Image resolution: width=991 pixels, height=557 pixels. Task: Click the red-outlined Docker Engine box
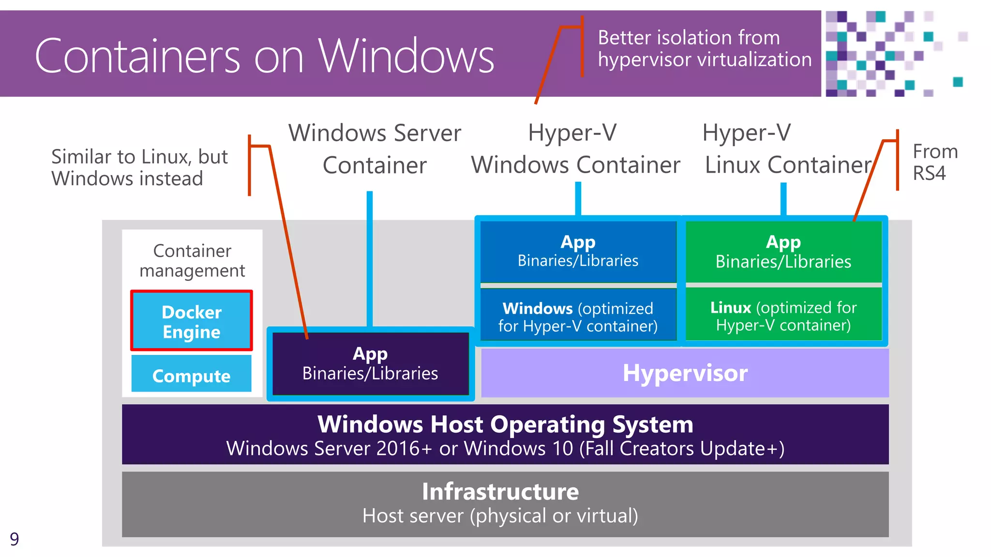[192, 321]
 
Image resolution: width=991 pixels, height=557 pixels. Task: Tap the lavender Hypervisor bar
[685, 373]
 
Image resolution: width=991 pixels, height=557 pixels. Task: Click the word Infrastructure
[500, 492]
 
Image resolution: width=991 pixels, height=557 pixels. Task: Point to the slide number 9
[15, 539]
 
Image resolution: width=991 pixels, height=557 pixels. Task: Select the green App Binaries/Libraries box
[783, 251]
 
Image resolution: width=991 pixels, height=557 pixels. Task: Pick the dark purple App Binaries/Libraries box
[370, 364]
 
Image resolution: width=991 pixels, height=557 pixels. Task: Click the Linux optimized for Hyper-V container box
[783, 316]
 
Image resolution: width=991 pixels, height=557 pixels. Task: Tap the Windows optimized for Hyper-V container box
[578, 317]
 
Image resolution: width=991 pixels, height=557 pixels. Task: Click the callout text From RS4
[934, 162]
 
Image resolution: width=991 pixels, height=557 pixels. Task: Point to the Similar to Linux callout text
[139, 167]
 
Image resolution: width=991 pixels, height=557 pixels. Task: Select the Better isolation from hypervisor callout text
[704, 48]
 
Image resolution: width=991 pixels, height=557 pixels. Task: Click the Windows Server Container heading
[375, 148]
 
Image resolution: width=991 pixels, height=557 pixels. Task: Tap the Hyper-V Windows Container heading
[575, 148]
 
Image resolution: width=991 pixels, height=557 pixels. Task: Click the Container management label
[192, 261]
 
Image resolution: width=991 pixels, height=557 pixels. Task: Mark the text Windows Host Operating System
[505, 425]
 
